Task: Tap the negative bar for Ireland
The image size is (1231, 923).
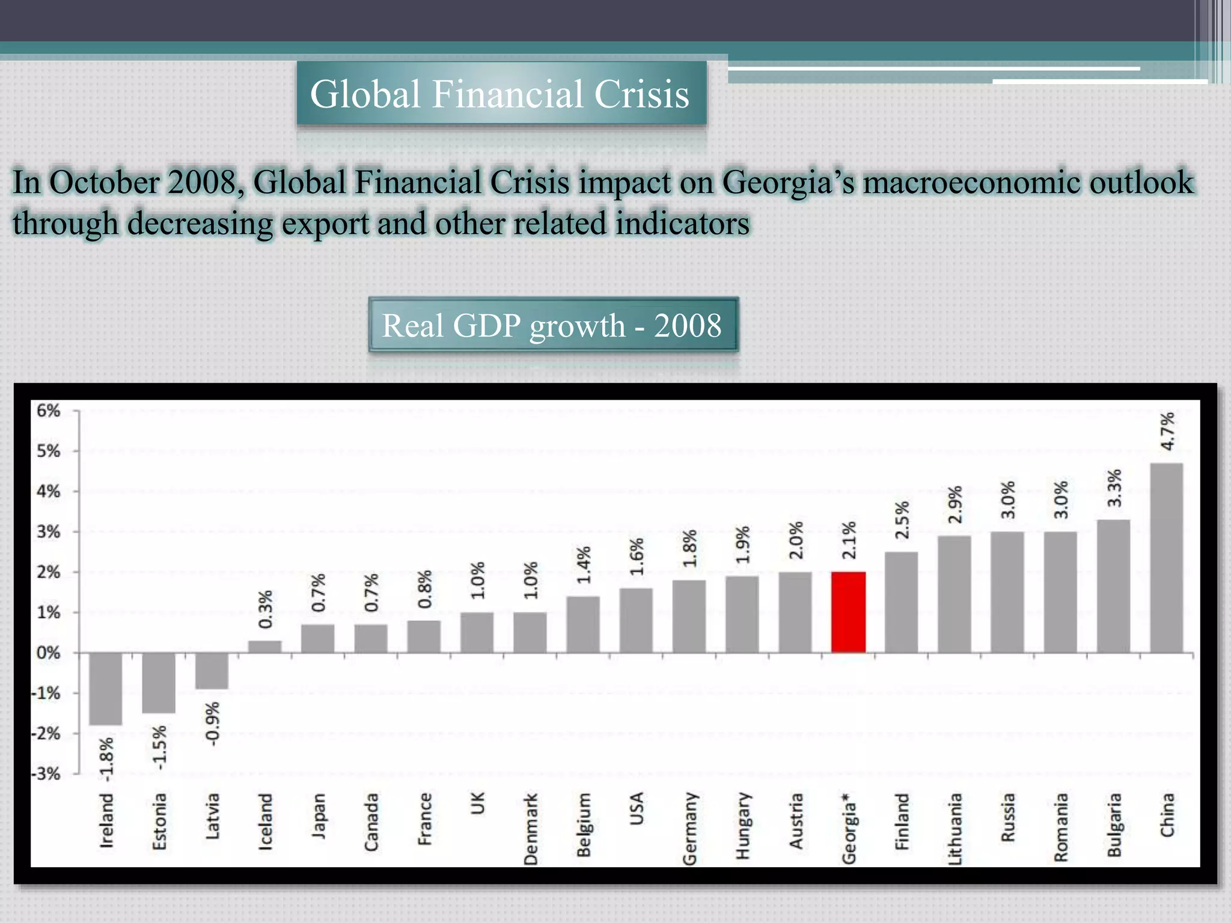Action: tap(106, 689)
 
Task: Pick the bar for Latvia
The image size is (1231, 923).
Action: tap(212, 671)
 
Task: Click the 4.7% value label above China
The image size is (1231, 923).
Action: tap(1167, 431)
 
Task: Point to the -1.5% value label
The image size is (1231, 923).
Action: tap(159, 747)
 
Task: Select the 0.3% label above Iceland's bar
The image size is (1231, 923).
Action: tap(265, 609)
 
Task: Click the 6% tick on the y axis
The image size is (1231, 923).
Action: tap(48, 411)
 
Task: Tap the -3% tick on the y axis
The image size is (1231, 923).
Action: tap(47, 774)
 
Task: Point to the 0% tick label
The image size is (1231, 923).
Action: tap(48, 653)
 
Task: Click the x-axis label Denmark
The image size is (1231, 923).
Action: tap(531, 829)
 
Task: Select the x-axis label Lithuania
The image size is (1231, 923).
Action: tap(955, 829)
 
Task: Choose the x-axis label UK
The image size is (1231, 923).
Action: tap(478, 803)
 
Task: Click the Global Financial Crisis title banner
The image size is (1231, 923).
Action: tap(501, 94)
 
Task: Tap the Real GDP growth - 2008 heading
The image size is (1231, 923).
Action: tap(552, 326)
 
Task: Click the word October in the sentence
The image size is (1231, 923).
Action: tap(105, 182)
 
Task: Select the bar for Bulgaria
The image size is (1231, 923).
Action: tap(1113, 586)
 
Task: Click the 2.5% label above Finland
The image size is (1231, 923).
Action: tap(902, 520)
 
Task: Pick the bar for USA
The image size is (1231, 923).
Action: tap(636, 620)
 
